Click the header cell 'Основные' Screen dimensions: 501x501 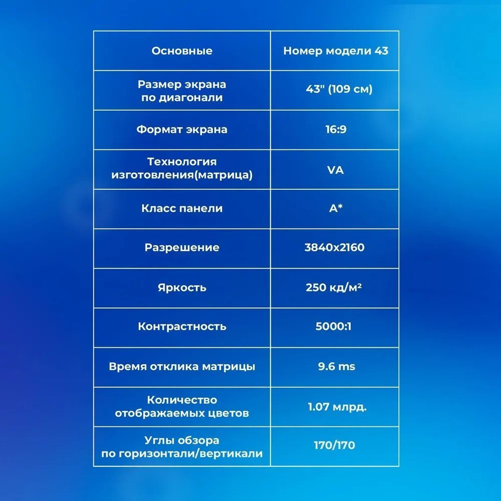pos(182,51)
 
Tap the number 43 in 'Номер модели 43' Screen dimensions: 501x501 pos(381,51)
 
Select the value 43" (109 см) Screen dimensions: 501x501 pos(339,89)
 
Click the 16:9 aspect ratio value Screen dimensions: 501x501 pos(336,129)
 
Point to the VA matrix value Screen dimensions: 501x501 pos(336,170)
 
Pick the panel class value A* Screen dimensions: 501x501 pos(336,208)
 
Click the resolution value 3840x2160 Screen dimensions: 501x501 pos(335,247)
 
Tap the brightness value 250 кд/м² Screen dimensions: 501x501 pos(334,288)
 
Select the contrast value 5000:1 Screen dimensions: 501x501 pos(333,326)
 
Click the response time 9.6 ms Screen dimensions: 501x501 pos(337,366)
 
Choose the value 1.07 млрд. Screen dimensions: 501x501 pos(337,407)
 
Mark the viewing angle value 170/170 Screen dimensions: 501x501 pos(335,445)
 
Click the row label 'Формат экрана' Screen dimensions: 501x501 pos(182,129)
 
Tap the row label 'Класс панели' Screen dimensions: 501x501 pos(182,208)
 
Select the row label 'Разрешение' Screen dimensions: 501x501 pos(182,247)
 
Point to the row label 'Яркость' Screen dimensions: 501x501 pos(182,288)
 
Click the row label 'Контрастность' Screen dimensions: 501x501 pos(182,327)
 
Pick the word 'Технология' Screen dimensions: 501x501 pos(182,162)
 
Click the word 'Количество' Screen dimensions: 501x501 pos(182,400)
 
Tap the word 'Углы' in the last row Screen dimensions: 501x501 pos(158,440)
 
